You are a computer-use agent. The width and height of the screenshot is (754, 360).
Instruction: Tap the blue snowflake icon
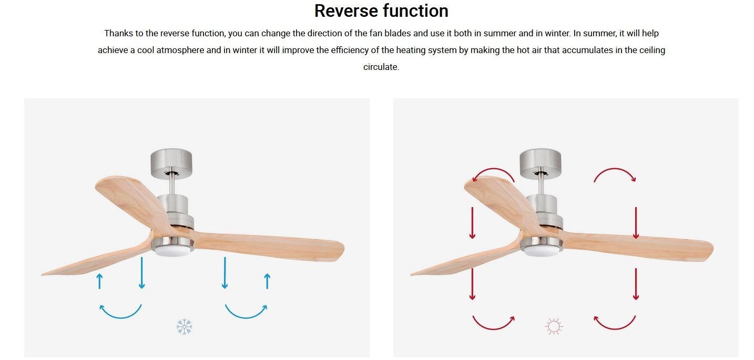pos(184,326)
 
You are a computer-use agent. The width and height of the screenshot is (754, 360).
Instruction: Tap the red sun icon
pos(554,326)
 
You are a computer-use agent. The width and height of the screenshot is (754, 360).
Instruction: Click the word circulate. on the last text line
pos(381,67)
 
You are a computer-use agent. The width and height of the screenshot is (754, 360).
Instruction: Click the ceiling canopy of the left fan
pos(171,163)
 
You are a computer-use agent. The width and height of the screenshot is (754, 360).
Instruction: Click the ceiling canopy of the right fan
pos(540,163)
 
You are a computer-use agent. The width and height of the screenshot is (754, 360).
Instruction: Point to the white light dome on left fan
pos(172,251)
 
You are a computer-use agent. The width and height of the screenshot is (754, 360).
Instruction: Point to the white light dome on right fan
pos(542,251)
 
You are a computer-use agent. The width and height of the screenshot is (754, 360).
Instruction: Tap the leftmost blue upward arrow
pos(99,281)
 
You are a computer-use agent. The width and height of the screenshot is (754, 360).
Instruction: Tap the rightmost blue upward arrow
pos(267,281)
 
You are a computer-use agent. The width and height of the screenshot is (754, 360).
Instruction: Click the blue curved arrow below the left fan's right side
pos(246,317)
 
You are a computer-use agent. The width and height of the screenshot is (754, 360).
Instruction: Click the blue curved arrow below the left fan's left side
pos(120,317)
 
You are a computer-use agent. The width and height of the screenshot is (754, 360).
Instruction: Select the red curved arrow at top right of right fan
pos(615,169)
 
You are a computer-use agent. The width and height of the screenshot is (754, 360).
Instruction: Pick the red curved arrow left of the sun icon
pos(494,328)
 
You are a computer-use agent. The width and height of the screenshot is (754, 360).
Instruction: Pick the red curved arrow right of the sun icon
pos(615,328)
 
